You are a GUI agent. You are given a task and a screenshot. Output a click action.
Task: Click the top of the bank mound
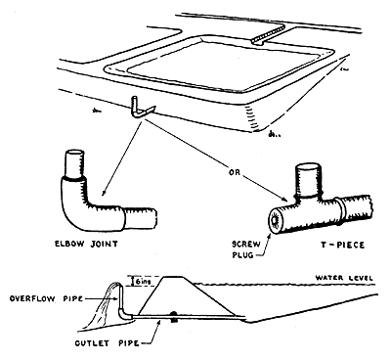tap(186, 277)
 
